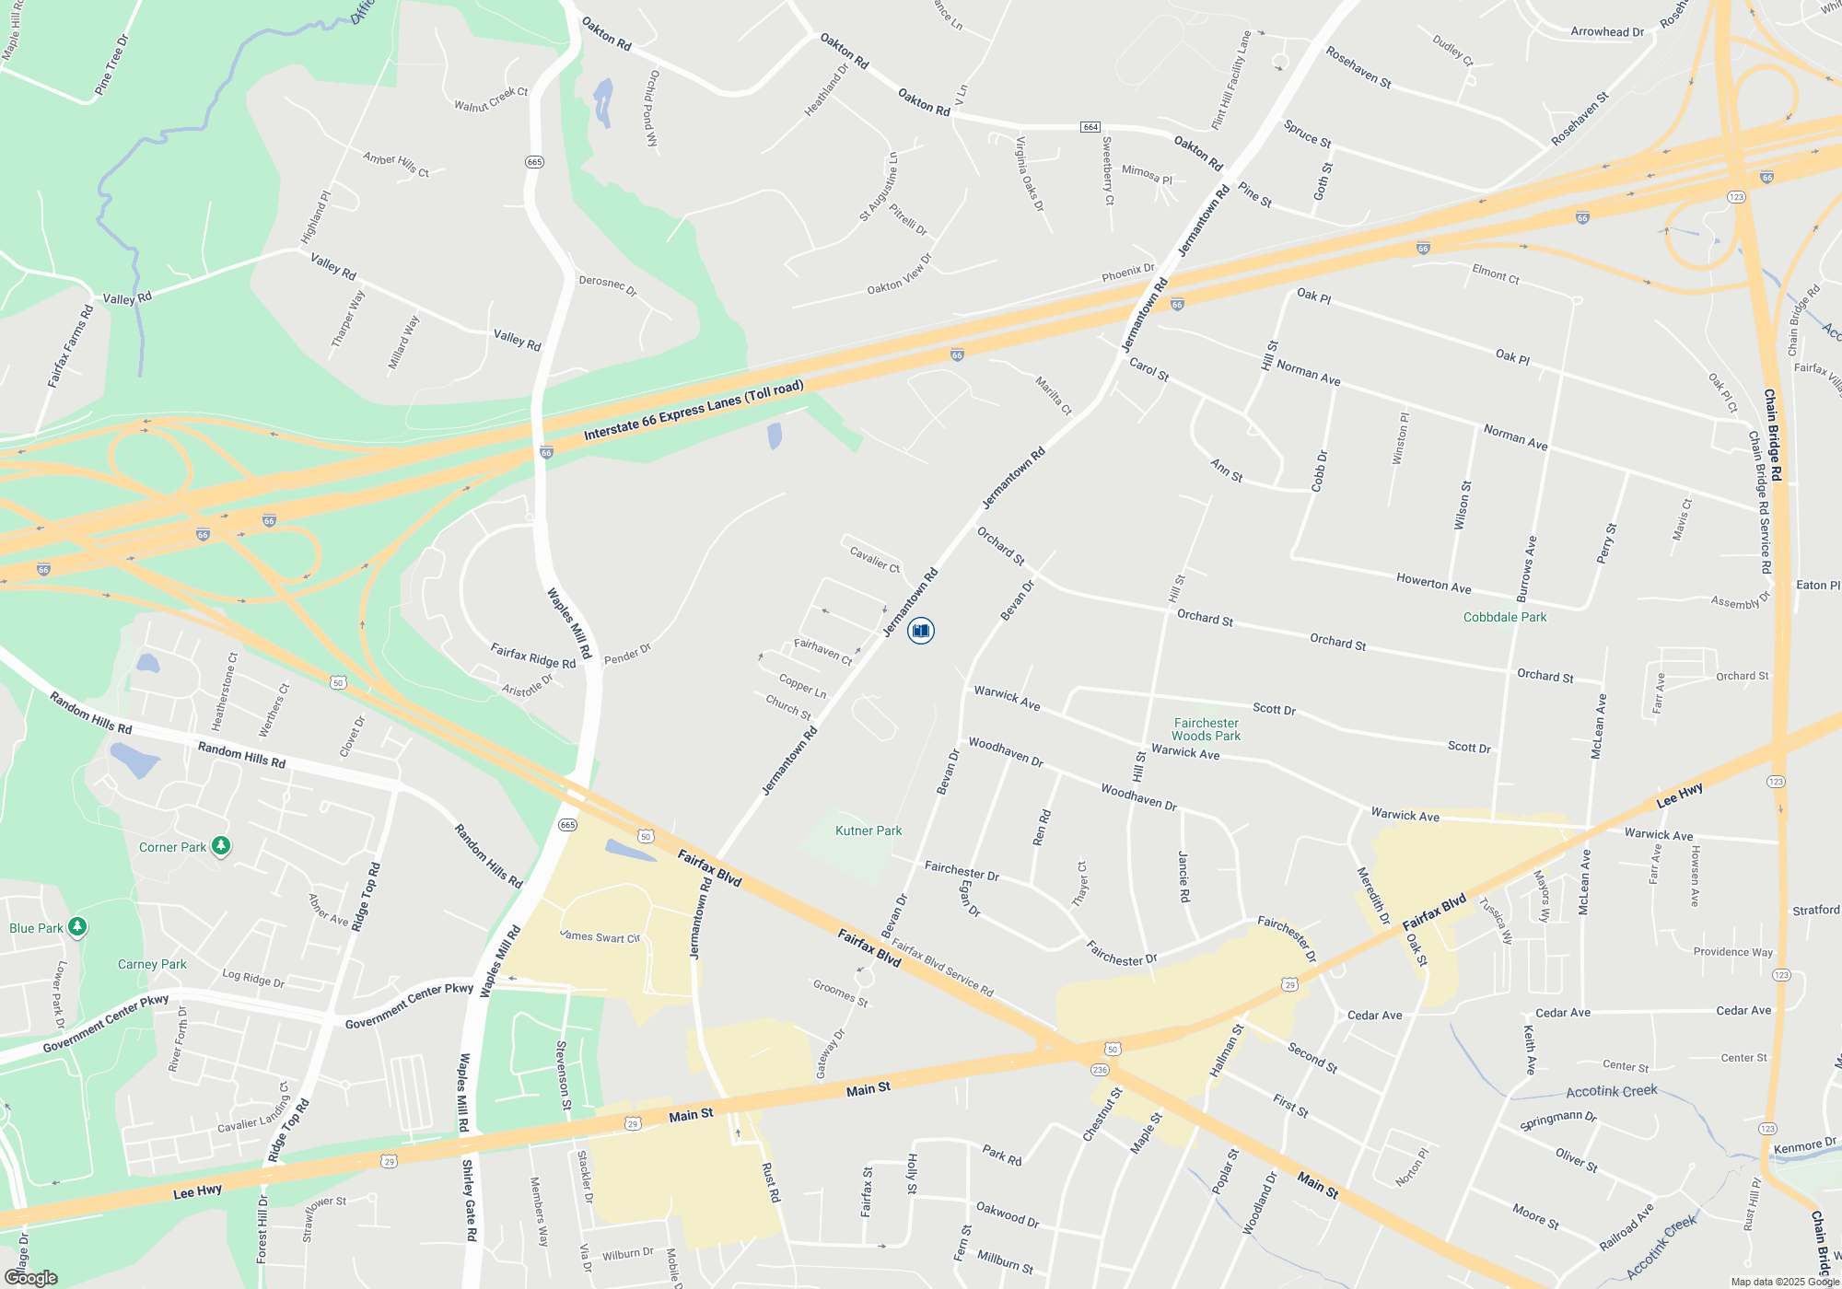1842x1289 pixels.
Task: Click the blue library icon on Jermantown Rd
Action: pos(920,631)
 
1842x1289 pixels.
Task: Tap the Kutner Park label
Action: pos(868,830)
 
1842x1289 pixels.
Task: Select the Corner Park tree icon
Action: pos(221,846)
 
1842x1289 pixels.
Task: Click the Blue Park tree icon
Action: pos(78,927)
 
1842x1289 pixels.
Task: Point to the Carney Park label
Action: pos(152,964)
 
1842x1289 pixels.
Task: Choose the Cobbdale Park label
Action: pos(1505,617)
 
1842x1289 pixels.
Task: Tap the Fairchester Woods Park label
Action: pos(1206,729)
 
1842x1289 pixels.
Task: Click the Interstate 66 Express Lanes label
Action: pos(694,411)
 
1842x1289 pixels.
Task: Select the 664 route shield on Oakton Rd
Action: pos(1090,126)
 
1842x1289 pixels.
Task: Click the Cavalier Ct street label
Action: pos(874,558)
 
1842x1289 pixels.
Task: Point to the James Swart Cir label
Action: pos(600,936)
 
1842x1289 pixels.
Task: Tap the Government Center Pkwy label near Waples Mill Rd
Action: pos(409,1006)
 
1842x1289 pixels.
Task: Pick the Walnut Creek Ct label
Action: pos(491,99)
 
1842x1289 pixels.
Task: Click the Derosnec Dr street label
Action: pos(608,285)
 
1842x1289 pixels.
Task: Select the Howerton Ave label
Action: pos(1433,583)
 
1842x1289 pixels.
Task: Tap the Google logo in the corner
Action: pos(31,1278)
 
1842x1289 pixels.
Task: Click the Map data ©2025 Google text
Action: pos(1784,1282)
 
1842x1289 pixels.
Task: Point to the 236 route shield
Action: pos(1100,1070)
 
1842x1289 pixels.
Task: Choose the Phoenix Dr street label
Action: pos(1128,273)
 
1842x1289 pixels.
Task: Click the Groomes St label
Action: pos(840,993)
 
